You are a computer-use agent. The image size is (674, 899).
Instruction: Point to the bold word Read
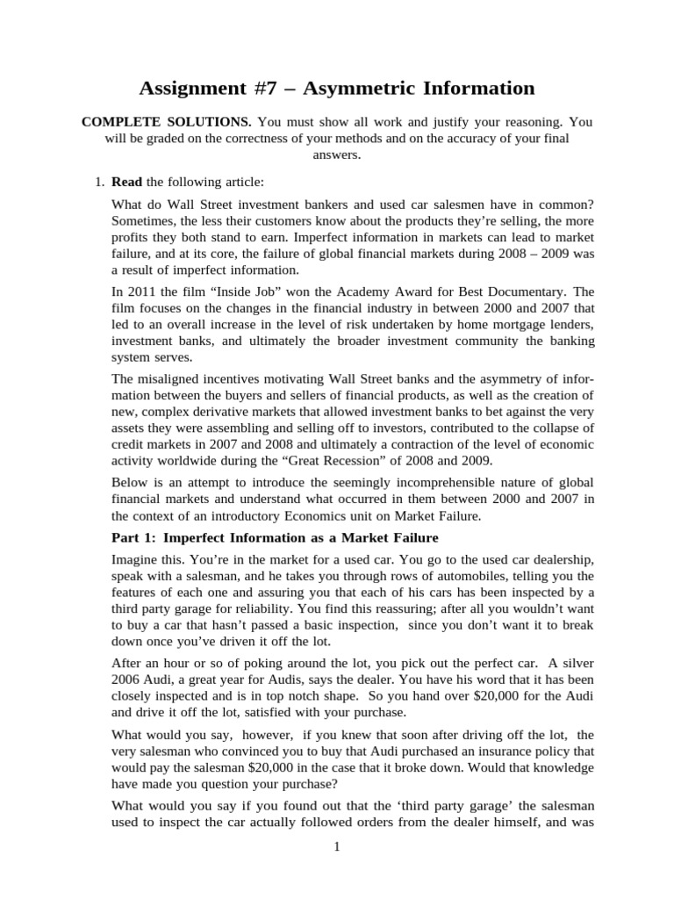coord(126,182)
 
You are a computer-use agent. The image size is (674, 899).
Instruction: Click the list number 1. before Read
coord(99,182)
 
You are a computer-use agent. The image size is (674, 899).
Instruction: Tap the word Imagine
coord(136,559)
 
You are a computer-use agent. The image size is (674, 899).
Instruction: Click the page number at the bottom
coord(336,847)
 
